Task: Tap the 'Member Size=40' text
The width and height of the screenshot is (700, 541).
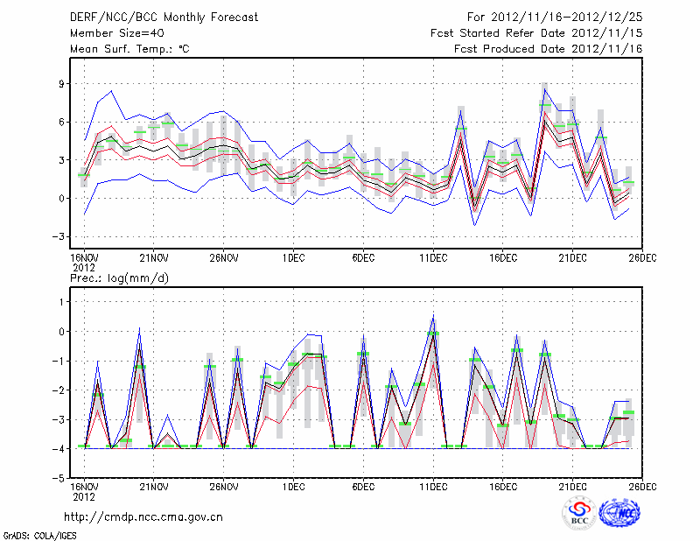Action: coord(110,32)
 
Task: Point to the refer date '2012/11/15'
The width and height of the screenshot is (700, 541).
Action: coord(607,32)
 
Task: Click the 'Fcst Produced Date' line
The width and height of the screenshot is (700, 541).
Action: coord(549,48)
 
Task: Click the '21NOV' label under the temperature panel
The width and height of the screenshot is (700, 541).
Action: coord(154,258)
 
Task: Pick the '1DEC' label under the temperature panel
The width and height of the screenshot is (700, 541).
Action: coord(294,258)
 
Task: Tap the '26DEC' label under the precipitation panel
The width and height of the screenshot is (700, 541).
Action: coord(643,487)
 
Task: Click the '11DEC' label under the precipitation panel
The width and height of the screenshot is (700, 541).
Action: coord(433,487)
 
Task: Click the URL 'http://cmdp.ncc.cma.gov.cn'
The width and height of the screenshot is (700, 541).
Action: coord(143,516)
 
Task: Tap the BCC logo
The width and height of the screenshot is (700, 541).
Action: coord(578,514)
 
